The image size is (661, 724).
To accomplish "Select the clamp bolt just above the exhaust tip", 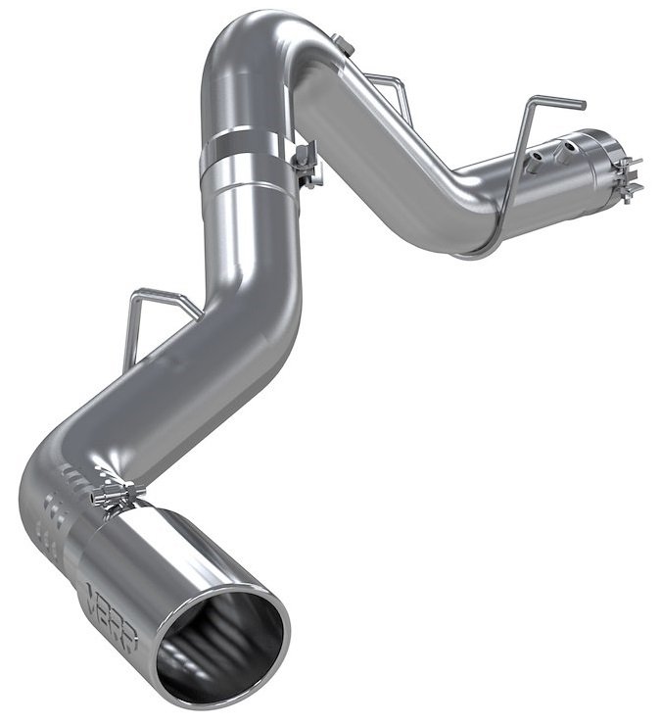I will (x=117, y=495).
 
